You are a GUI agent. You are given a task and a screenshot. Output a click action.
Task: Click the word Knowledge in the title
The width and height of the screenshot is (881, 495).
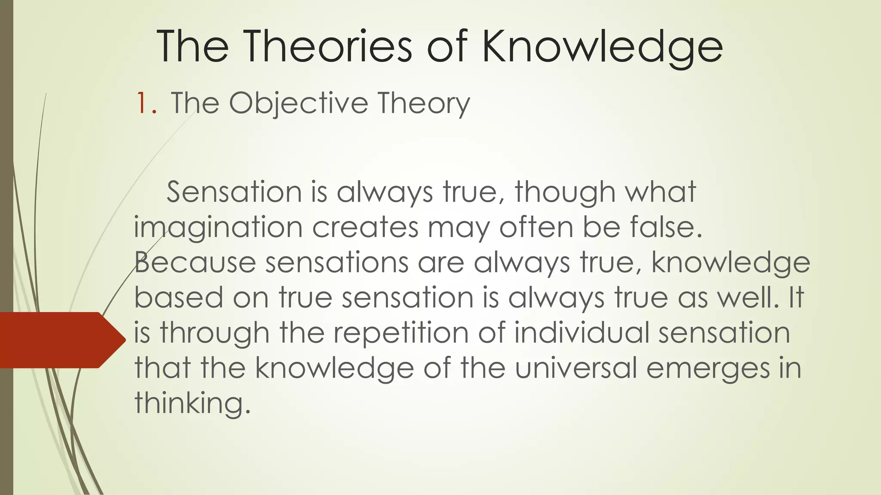pos(602,47)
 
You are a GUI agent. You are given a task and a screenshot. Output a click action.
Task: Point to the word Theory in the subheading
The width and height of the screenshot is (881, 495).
pos(424,104)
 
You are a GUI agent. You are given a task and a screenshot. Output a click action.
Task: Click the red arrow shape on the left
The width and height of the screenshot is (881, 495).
pos(60,340)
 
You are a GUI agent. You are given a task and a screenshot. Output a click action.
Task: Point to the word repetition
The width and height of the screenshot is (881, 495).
pos(395,333)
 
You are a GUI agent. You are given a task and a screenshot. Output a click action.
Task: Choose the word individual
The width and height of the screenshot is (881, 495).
pos(581,333)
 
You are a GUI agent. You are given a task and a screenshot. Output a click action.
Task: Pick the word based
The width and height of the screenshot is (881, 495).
pos(179,297)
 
